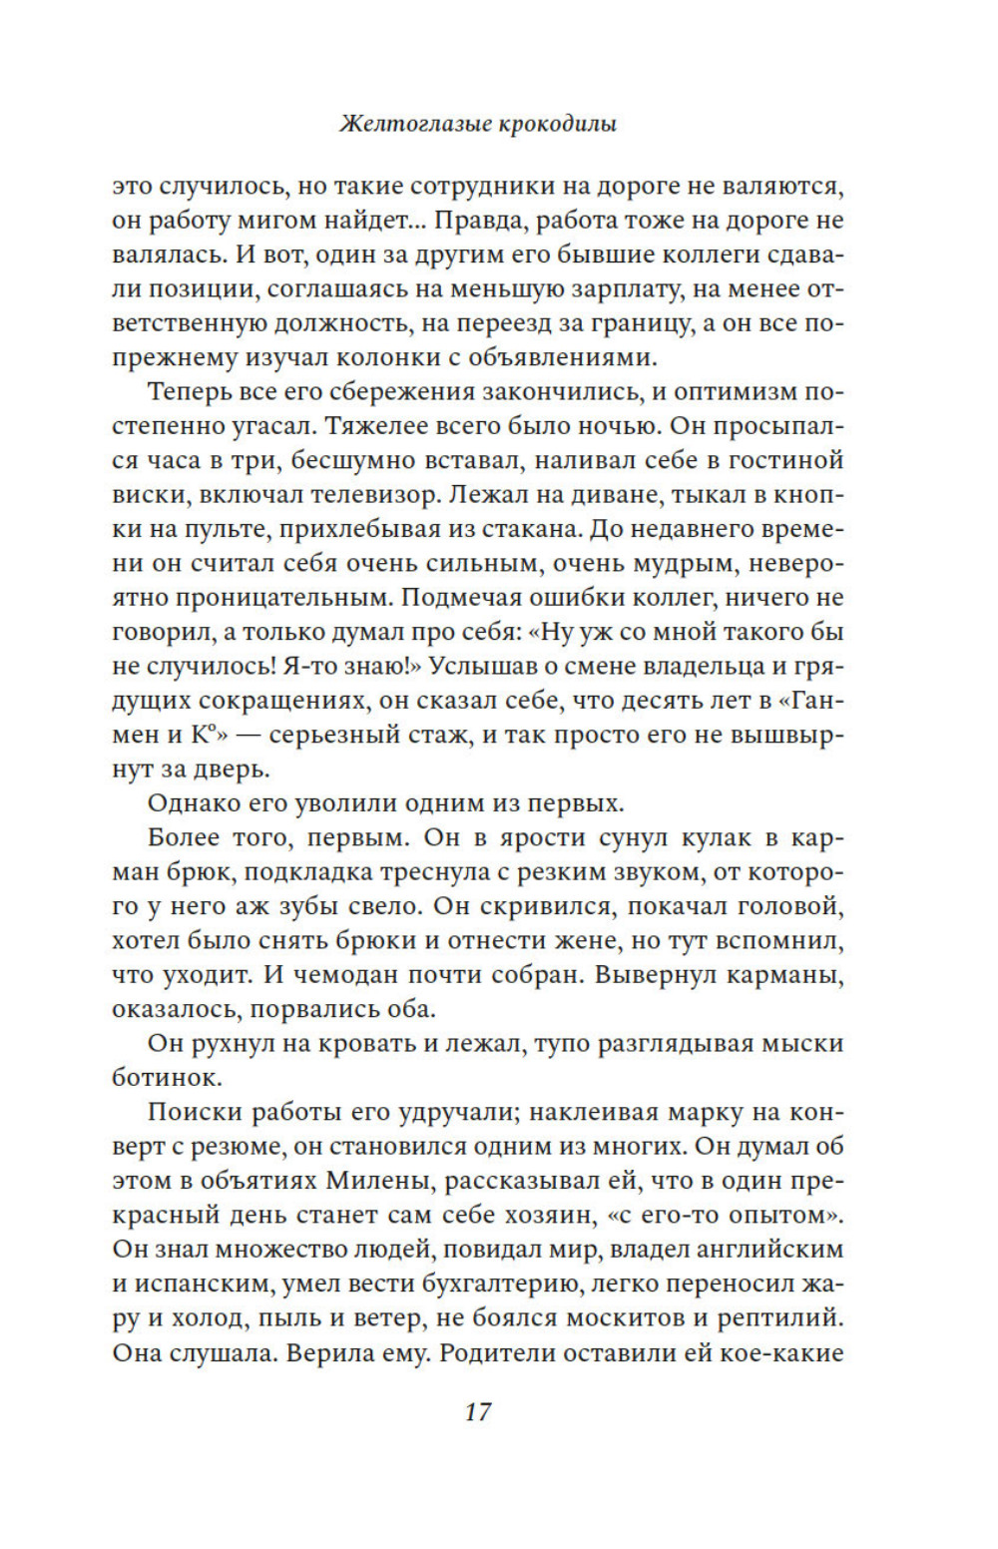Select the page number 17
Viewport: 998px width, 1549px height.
pyautogui.click(x=478, y=1411)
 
